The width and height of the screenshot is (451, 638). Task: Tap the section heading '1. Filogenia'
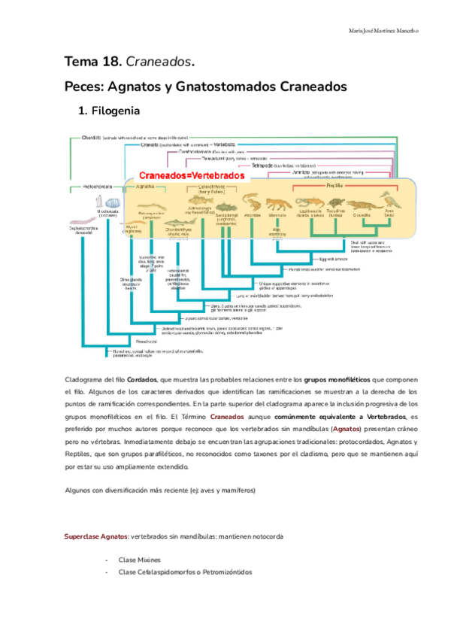coord(109,112)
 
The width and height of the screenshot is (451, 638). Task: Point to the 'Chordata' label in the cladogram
coord(89,138)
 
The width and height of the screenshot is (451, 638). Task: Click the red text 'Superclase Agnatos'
coord(95,536)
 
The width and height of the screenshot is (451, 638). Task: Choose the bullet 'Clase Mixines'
coord(139,561)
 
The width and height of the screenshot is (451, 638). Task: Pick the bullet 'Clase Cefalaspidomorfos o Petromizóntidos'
coord(185,573)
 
